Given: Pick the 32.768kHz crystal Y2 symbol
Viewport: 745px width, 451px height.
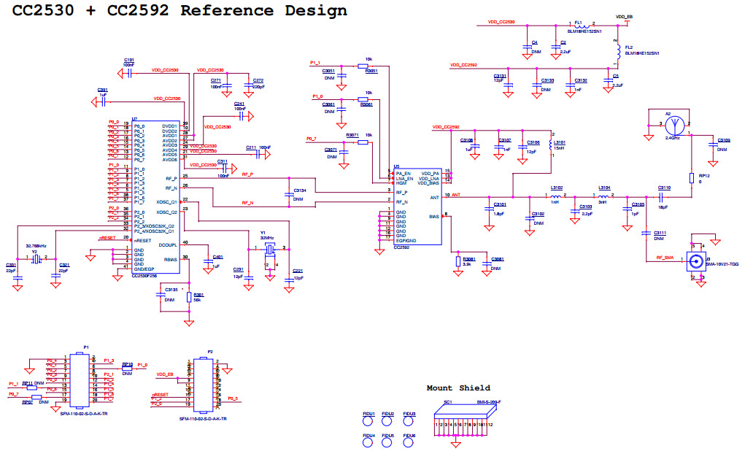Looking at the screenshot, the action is click(36, 258).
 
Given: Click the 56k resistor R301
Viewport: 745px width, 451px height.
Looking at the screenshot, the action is click(189, 298).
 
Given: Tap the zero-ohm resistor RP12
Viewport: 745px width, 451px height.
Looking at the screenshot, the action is click(692, 179).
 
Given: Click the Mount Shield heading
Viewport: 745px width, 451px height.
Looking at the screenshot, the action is click(458, 388).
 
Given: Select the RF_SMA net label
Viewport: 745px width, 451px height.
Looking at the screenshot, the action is click(664, 258).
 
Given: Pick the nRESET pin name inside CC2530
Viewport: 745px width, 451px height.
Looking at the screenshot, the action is click(143, 240).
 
